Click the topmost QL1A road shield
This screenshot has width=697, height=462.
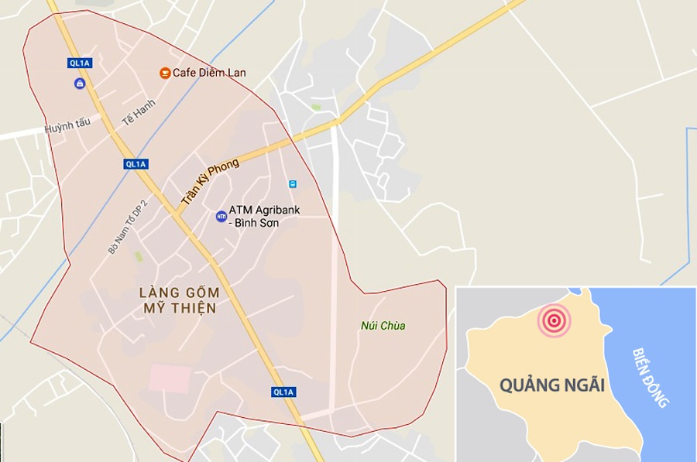point(79,63)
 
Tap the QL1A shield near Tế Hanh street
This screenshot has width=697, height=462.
point(136,164)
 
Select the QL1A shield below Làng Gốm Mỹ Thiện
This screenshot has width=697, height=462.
point(283,392)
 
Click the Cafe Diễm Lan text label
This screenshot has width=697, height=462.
point(209,73)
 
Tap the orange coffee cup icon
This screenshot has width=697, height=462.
point(165,73)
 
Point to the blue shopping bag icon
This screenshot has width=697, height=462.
point(79,84)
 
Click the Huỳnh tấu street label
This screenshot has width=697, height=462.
point(67,124)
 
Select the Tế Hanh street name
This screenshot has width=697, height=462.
point(139,113)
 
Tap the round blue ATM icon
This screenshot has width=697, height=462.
point(221,217)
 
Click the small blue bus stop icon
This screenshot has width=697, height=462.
point(293,184)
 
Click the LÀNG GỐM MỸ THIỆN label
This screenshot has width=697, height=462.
point(180,300)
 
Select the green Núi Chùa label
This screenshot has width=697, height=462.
point(383,326)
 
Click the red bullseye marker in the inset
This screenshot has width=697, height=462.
point(555,320)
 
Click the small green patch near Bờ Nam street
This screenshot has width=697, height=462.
point(139,256)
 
